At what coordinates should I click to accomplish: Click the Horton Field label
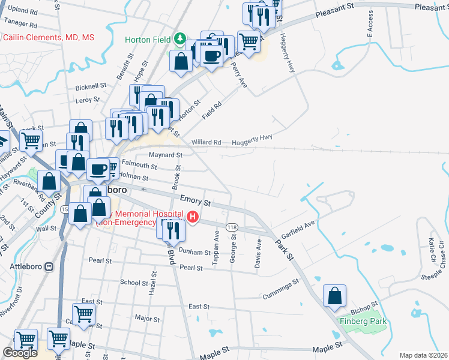[148, 40]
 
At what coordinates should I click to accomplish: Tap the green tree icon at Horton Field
[179, 40]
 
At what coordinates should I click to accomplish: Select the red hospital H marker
[193, 217]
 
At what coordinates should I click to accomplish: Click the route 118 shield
[232, 227]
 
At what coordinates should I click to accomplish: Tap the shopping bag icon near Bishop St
[334, 295]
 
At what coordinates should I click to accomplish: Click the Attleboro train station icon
[49, 266]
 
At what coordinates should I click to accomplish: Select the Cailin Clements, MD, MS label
[48, 37]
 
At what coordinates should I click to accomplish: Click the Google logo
[20, 353]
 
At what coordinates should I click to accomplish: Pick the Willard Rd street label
[206, 142]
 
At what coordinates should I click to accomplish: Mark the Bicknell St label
[91, 86]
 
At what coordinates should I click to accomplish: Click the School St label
[130, 282]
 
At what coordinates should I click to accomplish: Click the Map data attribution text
[424, 355]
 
